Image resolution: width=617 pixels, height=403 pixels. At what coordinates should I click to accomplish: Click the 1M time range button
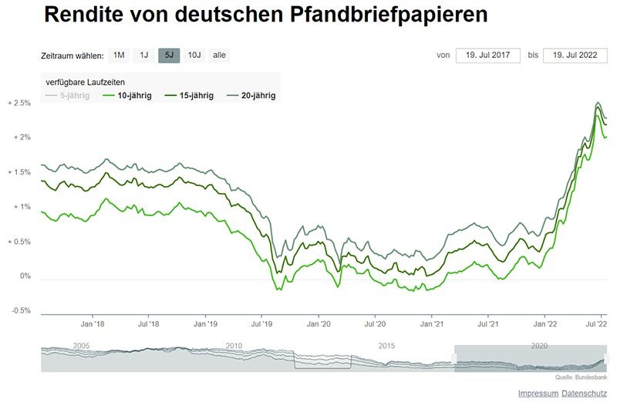pyautogui.click(x=119, y=56)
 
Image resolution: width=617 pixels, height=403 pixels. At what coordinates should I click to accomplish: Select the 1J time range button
pyautogui.click(x=144, y=56)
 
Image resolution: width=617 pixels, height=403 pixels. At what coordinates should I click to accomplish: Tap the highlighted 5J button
pyautogui.click(x=169, y=56)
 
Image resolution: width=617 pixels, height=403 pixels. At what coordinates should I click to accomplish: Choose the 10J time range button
pyautogui.click(x=194, y=56)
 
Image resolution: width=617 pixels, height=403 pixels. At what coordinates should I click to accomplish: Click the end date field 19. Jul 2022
pyautogui.click(x=575, y=56)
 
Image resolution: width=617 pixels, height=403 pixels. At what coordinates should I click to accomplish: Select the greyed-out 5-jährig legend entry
pyautogui.click(x=68, y=96)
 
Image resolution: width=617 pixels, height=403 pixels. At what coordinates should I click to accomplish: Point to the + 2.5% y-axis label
pyautogui.click(x=19, y=103)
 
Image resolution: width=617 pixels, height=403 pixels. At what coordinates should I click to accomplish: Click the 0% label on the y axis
pyautogui.click(x=25, y=276)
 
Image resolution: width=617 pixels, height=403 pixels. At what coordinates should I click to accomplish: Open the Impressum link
pyautogui.click(x=538, y=394)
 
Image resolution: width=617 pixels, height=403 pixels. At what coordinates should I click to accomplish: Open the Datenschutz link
pyautogui.click(x=584, y=394)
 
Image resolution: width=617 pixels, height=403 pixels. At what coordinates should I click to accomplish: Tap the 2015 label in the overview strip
pyautogui.click(x=386, y=345)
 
